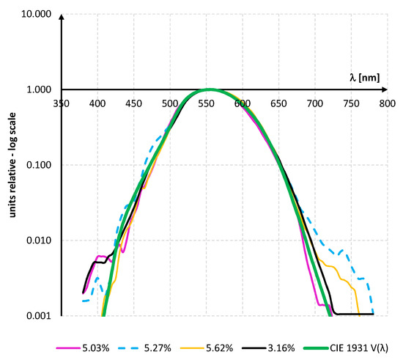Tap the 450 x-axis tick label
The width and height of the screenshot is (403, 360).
(134, 104)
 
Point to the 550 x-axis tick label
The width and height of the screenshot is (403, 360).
(206, 104)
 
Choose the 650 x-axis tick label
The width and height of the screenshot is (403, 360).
(278, 104)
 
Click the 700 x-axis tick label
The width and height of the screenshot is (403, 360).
(314, 104)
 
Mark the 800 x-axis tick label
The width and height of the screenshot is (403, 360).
(387, 104)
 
